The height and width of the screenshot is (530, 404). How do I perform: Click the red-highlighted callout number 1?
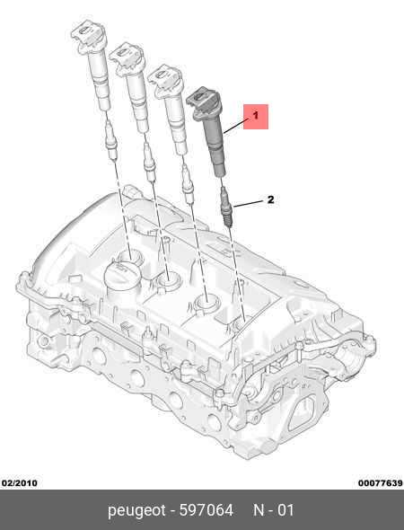click(256, 116)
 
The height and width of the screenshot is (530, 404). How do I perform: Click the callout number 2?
click(270, 199)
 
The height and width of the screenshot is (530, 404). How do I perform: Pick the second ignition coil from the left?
click(131, 86)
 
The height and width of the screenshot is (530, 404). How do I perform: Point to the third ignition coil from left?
click(168, 109)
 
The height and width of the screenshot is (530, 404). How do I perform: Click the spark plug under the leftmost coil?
click(110, 141)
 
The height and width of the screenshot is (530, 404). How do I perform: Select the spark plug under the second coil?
click(150, 162)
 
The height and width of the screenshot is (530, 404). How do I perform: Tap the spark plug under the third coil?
click(188, 184)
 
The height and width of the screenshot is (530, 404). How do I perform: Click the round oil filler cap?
click(122, 276)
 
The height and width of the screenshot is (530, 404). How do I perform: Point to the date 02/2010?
click(20, 483)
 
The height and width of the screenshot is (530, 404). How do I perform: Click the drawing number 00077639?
click(381, 483)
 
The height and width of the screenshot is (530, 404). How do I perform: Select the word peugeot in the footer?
click(136, 510)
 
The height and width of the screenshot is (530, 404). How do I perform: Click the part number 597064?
click(206, 510)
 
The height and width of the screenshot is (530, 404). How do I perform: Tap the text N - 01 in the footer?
click(274, 510)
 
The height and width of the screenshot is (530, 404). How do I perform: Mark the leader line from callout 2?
click(249, 204)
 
